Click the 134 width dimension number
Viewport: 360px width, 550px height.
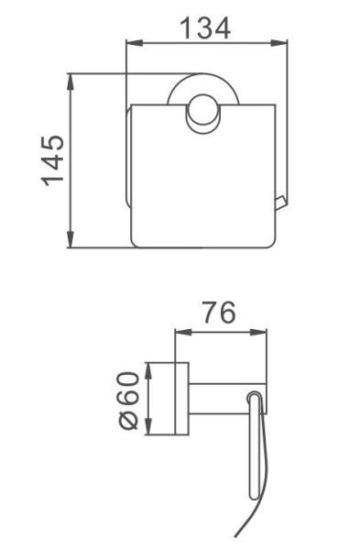click(205, 28)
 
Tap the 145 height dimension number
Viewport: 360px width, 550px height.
click(53, 160)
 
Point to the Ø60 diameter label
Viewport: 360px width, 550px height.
click(129, 401)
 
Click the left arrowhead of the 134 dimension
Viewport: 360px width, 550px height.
click(135, 43)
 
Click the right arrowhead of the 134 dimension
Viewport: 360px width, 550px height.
click(279, 43)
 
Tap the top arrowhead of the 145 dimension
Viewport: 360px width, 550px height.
click(71, 82)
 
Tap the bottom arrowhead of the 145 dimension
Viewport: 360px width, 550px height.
click(71, 239)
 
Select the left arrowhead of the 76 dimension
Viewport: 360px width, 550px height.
click(183, 332)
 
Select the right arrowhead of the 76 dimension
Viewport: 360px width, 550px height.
click(258, 332)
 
